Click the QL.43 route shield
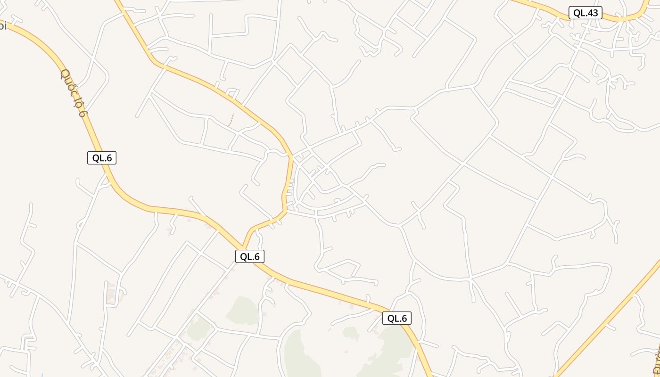tap(585, 13)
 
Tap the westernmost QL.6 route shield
tap(102, 158)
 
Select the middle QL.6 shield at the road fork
tap(250, 256)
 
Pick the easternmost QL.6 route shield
tap(397, 318)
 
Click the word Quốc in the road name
tap(68, 82)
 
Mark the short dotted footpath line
tap(231, 120)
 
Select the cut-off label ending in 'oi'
tap(2, 26)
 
